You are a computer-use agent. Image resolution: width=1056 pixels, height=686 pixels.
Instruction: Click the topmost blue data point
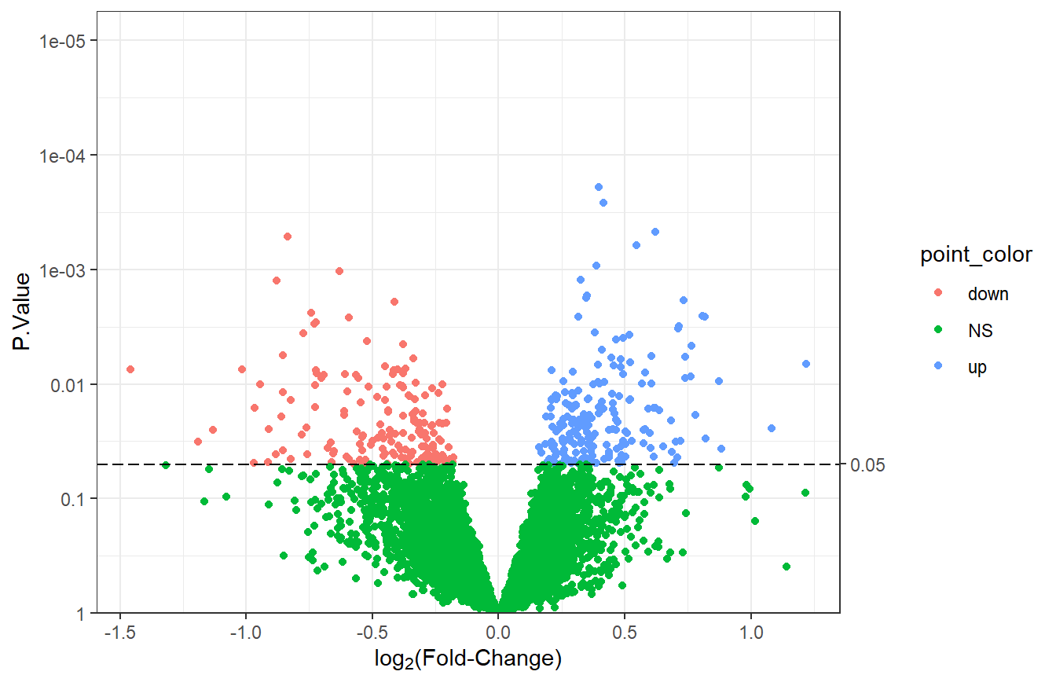[x=599, y=187]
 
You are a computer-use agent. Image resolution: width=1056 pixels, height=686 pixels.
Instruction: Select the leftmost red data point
[x=130, y=369]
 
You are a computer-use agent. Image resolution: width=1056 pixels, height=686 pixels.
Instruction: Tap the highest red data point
[x=288, y=237]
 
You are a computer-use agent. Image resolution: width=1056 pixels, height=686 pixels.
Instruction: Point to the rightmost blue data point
[x=805, y=364]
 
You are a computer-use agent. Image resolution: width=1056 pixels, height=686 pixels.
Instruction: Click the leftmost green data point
[x=166, y=465]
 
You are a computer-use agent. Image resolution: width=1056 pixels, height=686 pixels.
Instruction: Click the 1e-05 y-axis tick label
[x=64, y=41]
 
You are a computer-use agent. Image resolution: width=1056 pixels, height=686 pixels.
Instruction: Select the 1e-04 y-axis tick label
[x=64, y=156]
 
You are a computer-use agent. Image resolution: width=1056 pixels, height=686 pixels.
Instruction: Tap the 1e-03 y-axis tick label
[x=64, y=270]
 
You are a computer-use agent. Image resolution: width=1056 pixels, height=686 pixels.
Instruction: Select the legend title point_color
[x=976, y=255]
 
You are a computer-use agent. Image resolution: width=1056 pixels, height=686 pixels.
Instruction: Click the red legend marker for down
[x=939, y=295]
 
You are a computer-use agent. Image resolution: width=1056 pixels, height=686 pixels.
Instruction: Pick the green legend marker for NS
[x=939, y=331]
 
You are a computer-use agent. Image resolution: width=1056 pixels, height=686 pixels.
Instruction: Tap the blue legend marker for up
[x=939, y=367]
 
